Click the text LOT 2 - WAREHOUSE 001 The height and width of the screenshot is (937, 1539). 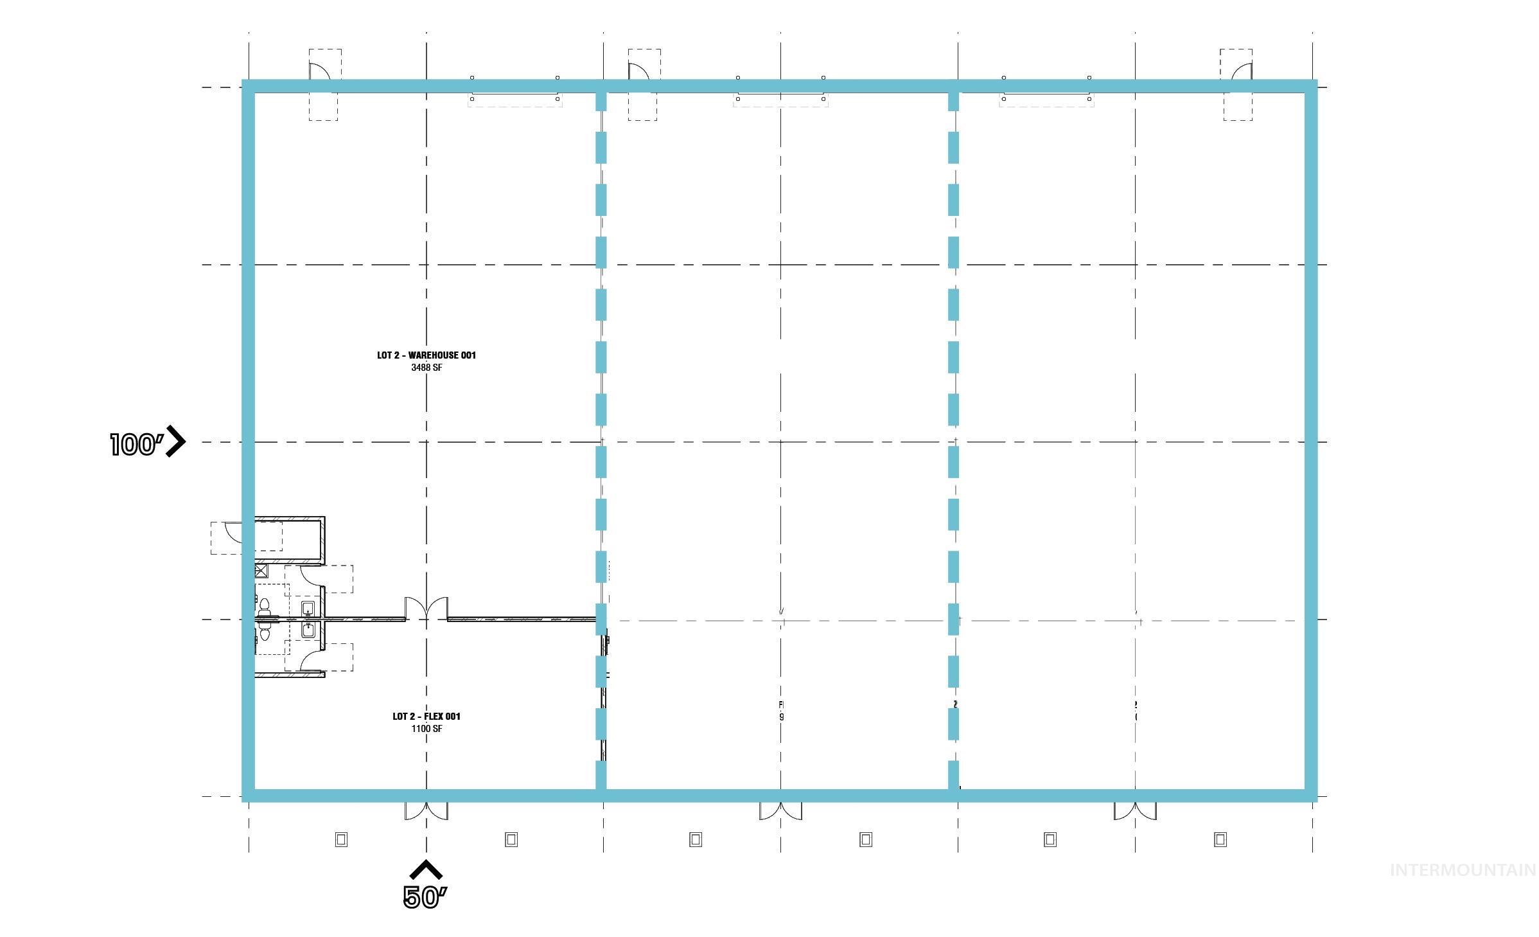click(427, 355)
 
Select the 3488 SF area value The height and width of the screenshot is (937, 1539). click(427, 368)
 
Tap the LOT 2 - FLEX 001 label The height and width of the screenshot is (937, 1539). click(427, 717)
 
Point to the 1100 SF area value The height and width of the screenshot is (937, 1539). click(427, 729)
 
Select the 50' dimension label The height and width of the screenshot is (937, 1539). click(425, 898)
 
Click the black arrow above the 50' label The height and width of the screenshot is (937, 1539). click(426, 870)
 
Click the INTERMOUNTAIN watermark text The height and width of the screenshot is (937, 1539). click(1463, 870)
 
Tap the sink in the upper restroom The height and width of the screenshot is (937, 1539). click(308, 608)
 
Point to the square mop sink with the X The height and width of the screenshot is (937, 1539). click(261, 571)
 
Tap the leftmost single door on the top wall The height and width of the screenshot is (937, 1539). click(319, 72)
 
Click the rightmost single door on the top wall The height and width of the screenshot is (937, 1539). click(1242, 72)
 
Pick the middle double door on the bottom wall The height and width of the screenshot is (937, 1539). click(780, 811)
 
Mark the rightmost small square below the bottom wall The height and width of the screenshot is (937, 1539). click(1220, 839)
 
